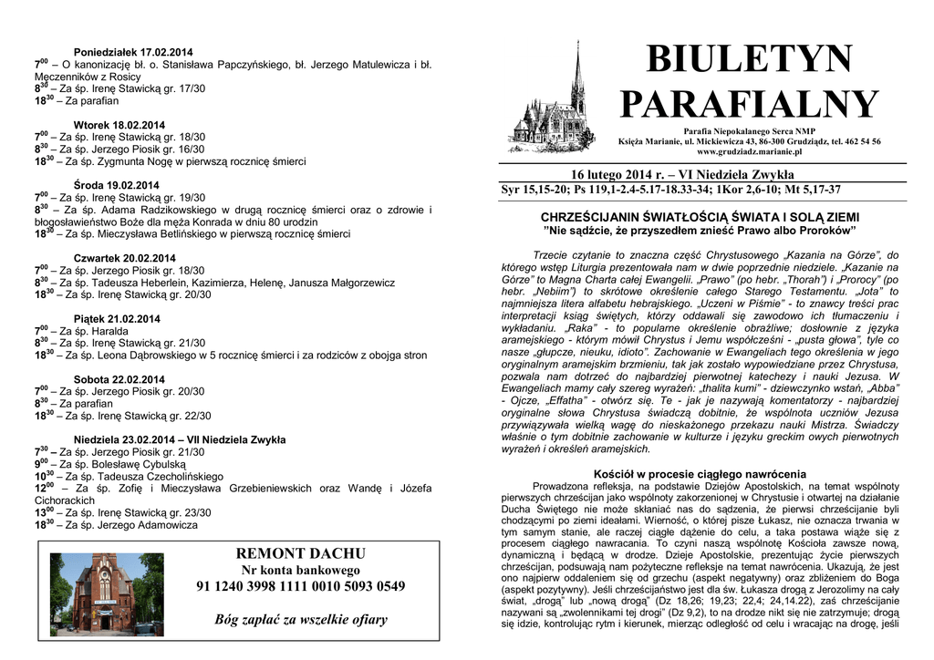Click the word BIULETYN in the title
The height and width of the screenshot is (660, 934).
click(x=749, y=61)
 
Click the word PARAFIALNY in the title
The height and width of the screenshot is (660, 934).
click(x=749, y=105)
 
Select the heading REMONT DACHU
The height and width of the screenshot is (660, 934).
click(x=300, y=553)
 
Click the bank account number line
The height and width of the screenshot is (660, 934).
click(x=300, y=586)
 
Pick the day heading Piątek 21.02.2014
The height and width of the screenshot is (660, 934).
click(x=116, y=319)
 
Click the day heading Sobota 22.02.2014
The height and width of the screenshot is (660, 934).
click(x=119, y=379)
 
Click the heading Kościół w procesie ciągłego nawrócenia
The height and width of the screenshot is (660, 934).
click(x=700, y=474)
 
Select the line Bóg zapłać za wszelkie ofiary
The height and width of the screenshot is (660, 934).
click(x=300, y=620)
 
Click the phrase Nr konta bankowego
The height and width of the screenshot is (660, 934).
click(x=300, y=570)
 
